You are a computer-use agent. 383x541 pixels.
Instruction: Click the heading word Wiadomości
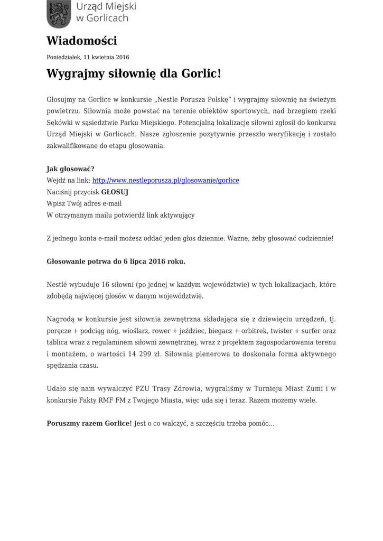(82, 41)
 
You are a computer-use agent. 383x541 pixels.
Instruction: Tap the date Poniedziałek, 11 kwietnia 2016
(88, 57)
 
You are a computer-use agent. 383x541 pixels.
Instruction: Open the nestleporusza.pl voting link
(166, 180)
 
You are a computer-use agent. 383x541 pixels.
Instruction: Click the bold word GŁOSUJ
(115, 192)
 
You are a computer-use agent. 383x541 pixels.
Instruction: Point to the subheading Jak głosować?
(70, 169)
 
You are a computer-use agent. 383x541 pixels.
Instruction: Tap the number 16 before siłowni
(105, 285)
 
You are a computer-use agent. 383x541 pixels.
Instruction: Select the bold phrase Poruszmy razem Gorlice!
(89, 424)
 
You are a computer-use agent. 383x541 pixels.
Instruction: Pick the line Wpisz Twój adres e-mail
(84, 203)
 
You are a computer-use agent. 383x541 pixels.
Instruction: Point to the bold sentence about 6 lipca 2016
(116, 261)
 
